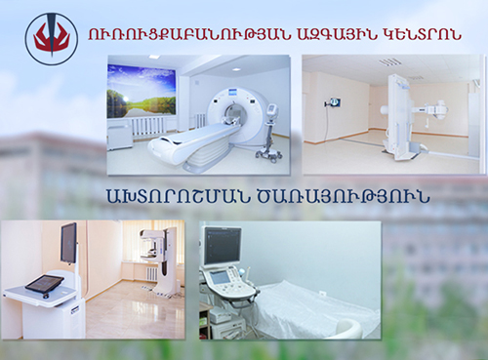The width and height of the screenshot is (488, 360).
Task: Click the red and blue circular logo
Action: [52, 39]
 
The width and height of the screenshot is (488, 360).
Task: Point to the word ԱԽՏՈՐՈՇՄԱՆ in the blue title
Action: [177, 195]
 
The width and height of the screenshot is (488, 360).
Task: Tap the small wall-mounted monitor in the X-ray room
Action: [334, 103]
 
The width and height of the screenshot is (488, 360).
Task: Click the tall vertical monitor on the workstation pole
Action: [68, 242]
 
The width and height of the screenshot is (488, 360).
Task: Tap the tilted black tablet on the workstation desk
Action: [45, 283]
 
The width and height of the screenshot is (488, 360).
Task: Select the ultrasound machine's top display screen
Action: [223, 245]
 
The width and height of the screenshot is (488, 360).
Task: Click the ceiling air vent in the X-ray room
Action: [387, 61]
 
